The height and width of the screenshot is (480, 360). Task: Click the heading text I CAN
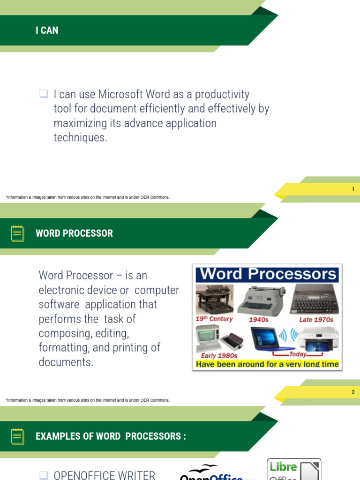[47, 30]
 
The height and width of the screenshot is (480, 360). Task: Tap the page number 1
[353, 189]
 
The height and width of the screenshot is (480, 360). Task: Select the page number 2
[353, 392]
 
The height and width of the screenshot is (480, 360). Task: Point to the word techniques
[80, 138]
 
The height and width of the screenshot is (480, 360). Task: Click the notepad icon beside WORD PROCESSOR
[18, 233]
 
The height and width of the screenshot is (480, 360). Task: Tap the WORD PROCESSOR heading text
[74, 233]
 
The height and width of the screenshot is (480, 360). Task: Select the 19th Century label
[214, 319]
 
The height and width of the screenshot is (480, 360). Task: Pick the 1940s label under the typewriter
[258, 320]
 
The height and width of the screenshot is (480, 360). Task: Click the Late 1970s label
[316, 320]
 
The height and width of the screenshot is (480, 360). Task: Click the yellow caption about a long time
[267, 364]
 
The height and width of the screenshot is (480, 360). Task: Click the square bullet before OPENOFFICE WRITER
[44, 475]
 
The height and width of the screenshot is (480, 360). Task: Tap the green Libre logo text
[283, 467]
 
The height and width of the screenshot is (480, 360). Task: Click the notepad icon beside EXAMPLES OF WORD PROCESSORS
[18, 436]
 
